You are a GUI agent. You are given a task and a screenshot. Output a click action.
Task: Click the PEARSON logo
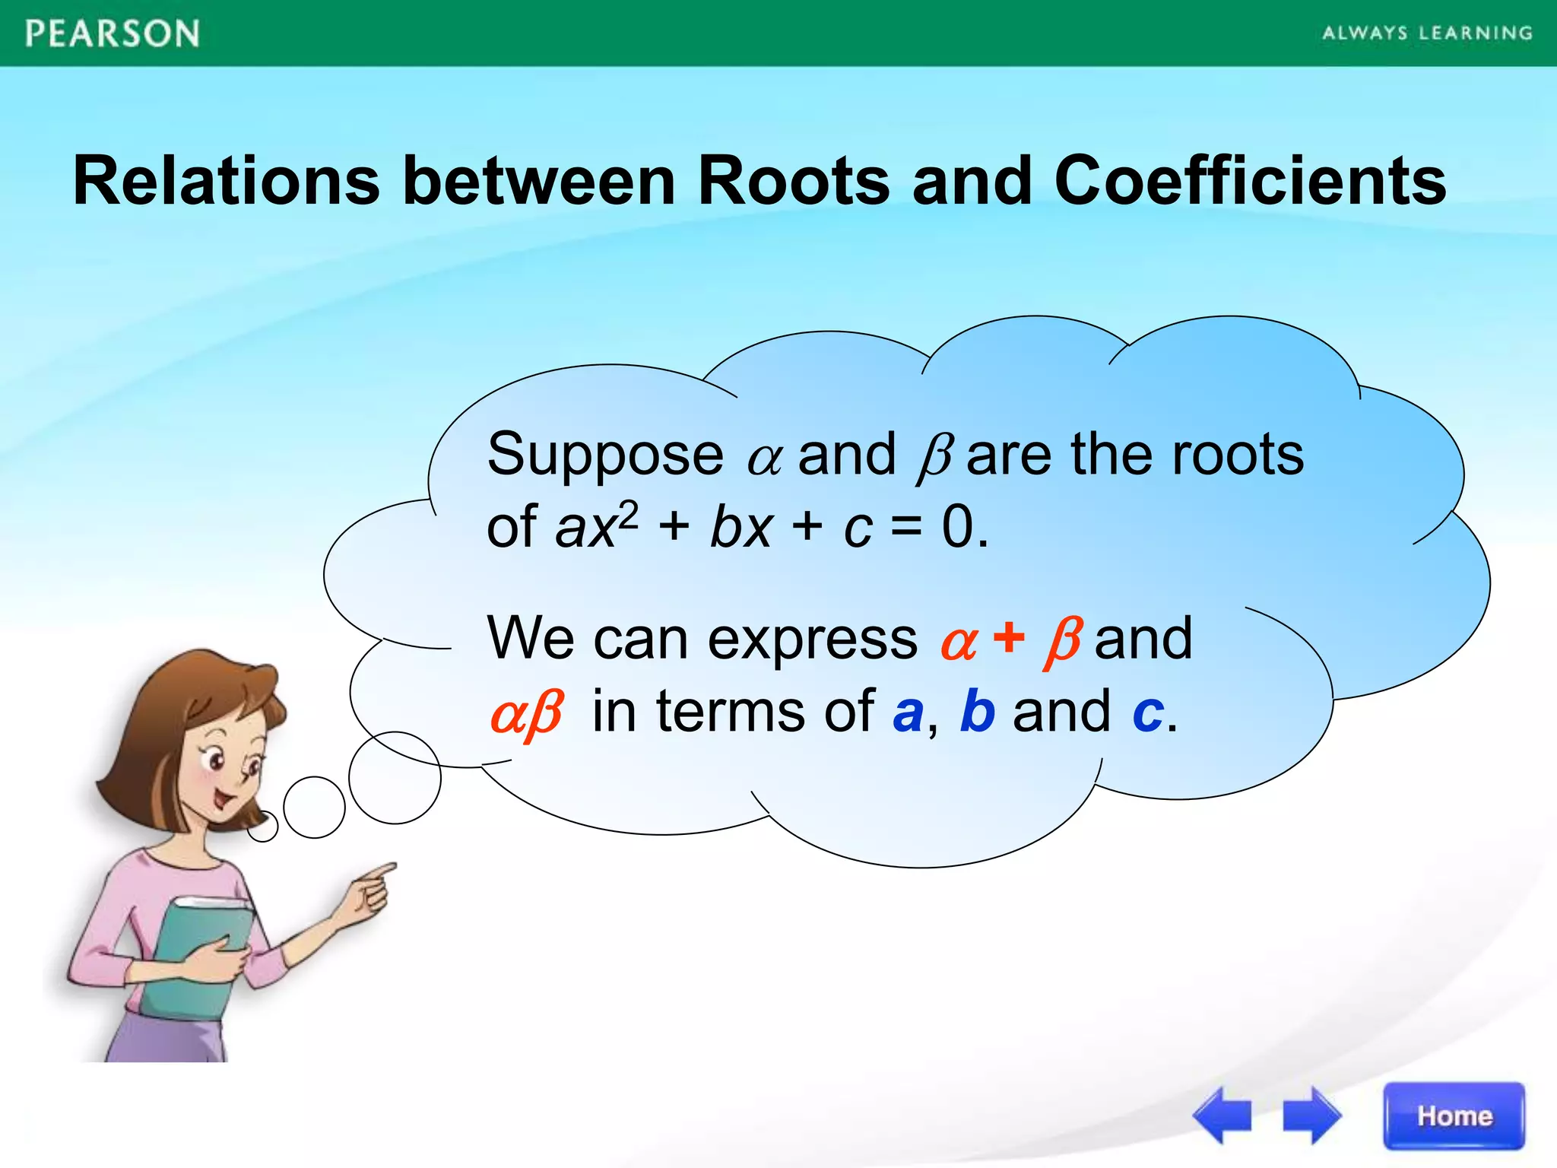[x=113, y=34]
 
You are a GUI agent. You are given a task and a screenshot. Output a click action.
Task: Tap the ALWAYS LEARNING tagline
[x=1427, y=33]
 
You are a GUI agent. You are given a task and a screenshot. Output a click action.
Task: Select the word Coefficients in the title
[x=1250, y=181]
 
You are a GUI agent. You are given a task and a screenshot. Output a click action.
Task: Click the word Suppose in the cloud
[x=605, y=455]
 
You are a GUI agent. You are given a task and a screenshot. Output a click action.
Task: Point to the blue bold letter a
[x=908, y=713]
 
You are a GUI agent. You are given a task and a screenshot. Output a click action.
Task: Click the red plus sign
[x=1008, y=637]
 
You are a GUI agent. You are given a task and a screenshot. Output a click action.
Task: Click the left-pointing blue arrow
[x=1222, y=1116]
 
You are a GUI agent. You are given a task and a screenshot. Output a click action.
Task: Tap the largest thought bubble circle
[x=395, y=777]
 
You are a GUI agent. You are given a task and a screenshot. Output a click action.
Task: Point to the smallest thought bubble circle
[x=263, y=826]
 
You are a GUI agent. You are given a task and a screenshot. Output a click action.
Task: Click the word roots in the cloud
[x=1238, y=455]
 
